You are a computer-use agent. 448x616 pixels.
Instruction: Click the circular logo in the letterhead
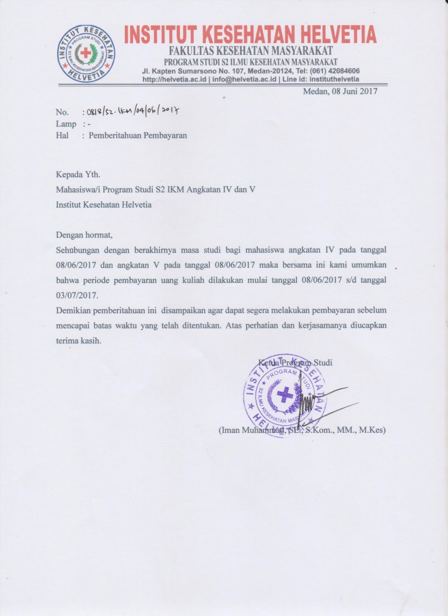point(86,53)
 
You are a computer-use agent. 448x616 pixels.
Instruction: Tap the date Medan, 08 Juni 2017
point(341,90)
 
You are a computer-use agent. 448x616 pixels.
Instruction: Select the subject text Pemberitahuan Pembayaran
point(138,135)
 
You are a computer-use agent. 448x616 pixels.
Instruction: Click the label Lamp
point(66,124)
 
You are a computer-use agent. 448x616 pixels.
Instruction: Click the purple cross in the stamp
point(285,395)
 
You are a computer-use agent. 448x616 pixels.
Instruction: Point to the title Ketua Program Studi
point(295,363)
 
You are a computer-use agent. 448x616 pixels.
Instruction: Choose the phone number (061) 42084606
point(331,71)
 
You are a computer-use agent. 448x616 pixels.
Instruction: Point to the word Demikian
point(73,309)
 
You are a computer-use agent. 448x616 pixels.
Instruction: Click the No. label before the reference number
point(62,112)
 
